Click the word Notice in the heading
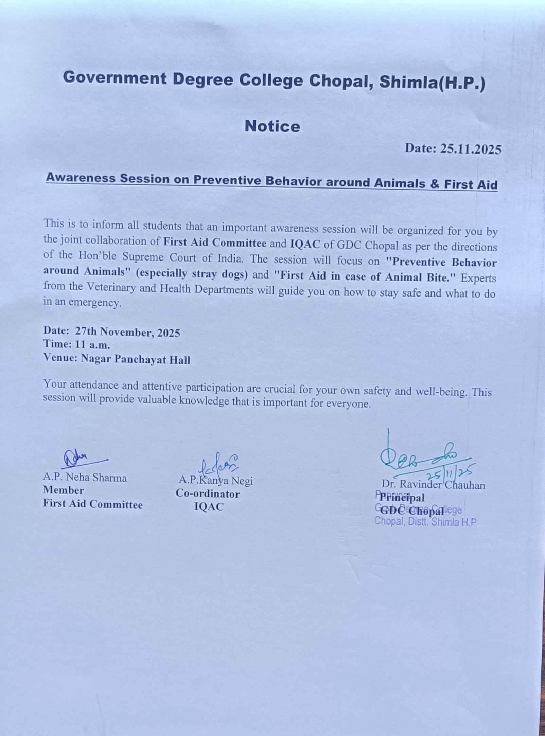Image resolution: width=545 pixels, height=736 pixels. pyautogui.click(x=272, y=126)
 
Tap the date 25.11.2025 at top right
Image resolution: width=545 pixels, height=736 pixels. pyautogui.click(x=471, y=149)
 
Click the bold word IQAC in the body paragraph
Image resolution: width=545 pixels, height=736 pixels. pyautogui.click(x=305, y=244)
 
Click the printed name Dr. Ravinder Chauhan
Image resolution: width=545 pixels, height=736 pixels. pyautogui.click(x=433, y=485)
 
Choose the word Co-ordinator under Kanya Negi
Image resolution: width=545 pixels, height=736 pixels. pyautogui.click(x=208, y=494)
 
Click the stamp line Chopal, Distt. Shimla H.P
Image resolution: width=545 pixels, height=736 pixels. pyautogui.click(x=425, y=522)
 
